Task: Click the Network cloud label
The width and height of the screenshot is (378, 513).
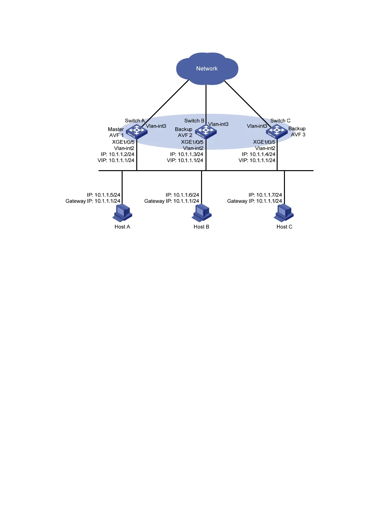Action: (x=207, y=69)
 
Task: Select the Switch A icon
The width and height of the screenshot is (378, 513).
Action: (x=137, y=131)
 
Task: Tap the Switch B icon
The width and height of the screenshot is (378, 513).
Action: (x=206, y=131)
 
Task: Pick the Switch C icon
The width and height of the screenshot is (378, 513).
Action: (x=277, y=131)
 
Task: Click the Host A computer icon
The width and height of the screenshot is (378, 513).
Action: (x=122, y=213)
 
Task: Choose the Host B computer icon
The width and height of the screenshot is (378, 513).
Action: (x=201, y=213)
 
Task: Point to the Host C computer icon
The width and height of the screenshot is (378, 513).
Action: (x=284, y=213)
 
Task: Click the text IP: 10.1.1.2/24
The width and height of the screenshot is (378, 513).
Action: (x=118, y=154)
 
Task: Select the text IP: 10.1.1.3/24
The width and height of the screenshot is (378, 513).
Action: (x=186, y=154)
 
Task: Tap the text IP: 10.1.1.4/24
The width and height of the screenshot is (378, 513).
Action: (x=259, y=154)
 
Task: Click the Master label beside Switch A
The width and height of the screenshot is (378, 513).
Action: (x=116, y=129)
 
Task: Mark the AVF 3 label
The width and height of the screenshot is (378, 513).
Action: (x=298, y=135)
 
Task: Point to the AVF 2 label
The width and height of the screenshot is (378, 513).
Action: (x=185, y=135)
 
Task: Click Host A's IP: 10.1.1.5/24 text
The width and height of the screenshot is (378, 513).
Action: (x=104, y=195)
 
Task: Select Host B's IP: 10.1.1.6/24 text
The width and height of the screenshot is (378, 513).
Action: (x=182, y=195)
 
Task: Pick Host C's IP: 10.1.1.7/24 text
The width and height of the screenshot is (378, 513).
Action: (x=265, y=195)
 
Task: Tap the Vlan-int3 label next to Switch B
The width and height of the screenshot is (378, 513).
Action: (x=218, y=124)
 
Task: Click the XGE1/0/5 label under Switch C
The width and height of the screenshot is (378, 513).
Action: (x=264, y=142)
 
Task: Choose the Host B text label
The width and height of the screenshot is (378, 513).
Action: (x=201, y=227)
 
